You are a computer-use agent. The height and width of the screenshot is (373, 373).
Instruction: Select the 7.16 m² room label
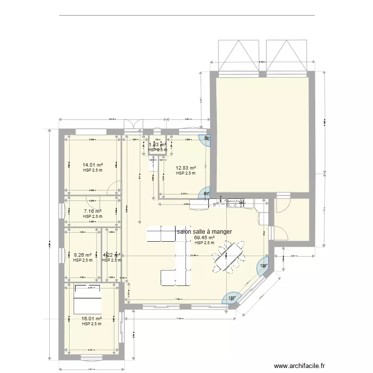click(x=93, y=211)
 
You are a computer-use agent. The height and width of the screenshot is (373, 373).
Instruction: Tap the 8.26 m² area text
click(x=83, y=254)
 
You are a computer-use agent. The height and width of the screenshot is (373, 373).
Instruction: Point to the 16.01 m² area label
click(x=92, y=318)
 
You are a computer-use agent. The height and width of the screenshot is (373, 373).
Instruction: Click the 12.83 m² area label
click(x=186, y=168)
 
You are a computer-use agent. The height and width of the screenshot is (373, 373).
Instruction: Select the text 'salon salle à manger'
click(x=204, y=231)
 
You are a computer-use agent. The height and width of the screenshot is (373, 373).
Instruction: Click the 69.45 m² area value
click(x=204, y=238)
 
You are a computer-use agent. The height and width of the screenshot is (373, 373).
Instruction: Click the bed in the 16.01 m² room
click(x=88, y=297)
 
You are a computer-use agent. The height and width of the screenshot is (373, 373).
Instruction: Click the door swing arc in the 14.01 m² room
click(x=115, y=187)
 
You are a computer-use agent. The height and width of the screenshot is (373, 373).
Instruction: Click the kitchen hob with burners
click(x=234, y=203)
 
